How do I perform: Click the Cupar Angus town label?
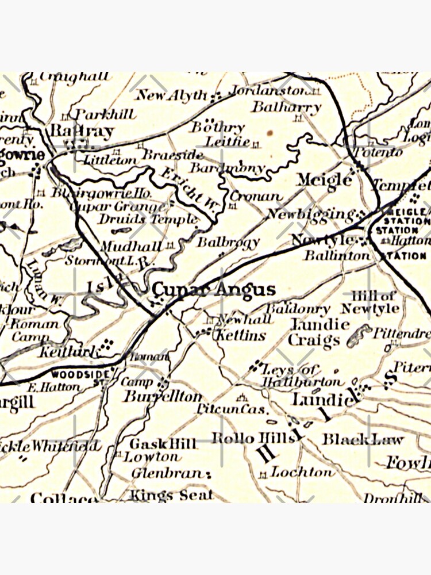[213, 289]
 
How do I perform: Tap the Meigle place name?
[324, 179]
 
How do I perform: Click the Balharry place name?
[286, 107]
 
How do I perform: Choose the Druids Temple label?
[147, 219]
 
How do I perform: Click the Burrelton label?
[163, 397]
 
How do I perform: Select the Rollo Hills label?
[253, 438]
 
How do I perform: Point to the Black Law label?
[362, 440]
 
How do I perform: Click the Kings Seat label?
[171, 494]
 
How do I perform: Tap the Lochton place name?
[302, 472]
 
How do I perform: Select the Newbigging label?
[310, 214]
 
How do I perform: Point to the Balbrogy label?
[228, 243]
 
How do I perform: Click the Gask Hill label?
[156, 444]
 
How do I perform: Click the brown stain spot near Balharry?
[268, 133]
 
